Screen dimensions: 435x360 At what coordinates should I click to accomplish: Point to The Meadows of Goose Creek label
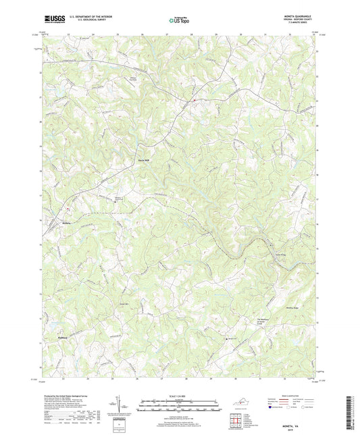pos(266,321)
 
